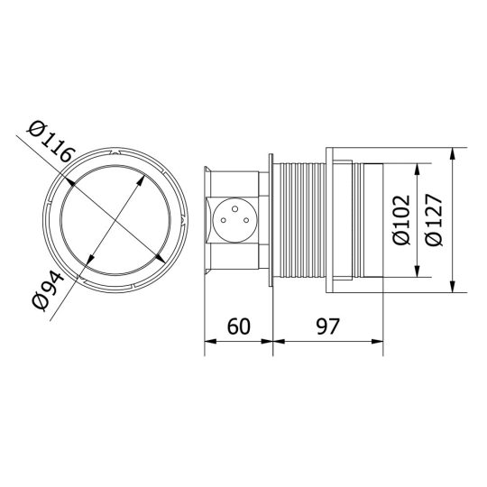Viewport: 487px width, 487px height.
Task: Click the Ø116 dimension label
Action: click(51, 145)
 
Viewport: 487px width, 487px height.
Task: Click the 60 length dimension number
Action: click(240, 325)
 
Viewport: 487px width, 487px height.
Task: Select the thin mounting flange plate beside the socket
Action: click(272, 219)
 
